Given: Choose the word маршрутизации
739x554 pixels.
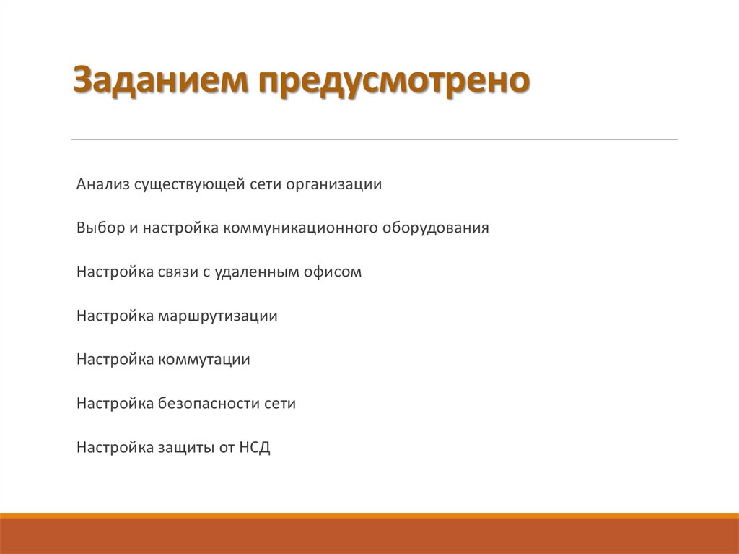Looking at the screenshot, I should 218,316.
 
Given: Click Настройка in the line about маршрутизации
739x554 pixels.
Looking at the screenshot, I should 114,316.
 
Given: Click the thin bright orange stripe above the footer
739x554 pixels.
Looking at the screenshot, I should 369,515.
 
